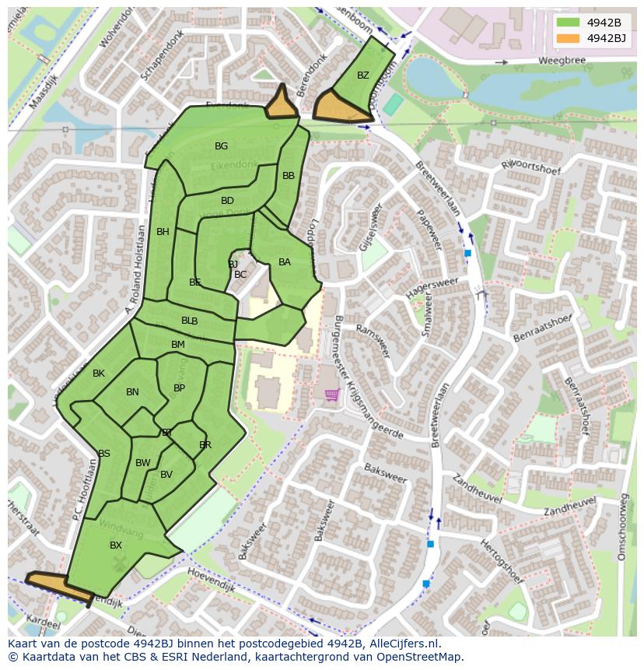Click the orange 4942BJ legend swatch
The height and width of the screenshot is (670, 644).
pyautogui.click(x=568, y=38)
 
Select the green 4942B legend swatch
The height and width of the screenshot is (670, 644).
pyautogui.click(x=568, y=22)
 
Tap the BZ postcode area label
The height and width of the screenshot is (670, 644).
pyautogui.click(x=363, y=75)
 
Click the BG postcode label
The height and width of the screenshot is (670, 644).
pyautogui.click(x=222, y=146)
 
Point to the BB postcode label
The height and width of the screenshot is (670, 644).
pyautogui.click(x=289, y=176)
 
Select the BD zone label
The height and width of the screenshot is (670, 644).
pyautogui.click(x=227, y=201)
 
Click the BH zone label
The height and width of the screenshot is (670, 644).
pyautogui.click(x=163, y=232)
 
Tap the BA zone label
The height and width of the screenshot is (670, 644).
pyautogui.click(x=285, y=262)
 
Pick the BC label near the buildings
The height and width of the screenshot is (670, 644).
pyautogui.click(x=240, y=275)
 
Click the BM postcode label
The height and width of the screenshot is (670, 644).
pyautogui.click(x=178, y=345)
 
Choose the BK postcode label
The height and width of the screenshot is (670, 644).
pyautogui.click(x=99, y=374)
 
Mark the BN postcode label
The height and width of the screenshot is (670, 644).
pyautogui.click(x=132, y=392)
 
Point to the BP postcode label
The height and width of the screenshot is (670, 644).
pyautogui.click(x=179, y=388)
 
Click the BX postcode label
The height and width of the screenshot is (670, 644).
pyautogui.click(x=116, y=545)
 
